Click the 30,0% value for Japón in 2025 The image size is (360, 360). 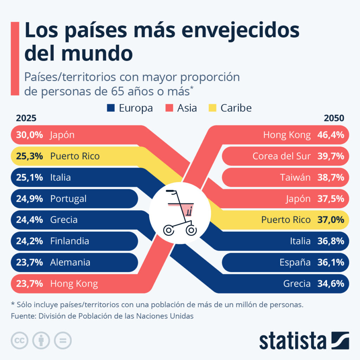coord(30,135)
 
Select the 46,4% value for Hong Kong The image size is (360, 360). coord(330,135)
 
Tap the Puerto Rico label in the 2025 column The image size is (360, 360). coord(75,156)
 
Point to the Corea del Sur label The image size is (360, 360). coord(282,156)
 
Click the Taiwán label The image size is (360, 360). coord(295,178)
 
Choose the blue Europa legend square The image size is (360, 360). coord(111,108)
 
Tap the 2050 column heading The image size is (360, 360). coord(334,118)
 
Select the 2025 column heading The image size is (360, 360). coord(26,118)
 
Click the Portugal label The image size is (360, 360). coord(68,199)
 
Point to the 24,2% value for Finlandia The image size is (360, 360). coord(30,241)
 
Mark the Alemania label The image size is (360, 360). coord(70,262)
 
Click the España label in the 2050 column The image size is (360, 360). coord(295,262)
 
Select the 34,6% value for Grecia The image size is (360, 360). coord(330,284)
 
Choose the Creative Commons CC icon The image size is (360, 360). coord(20,340)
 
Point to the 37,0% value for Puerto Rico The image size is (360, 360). coord(330,220)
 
